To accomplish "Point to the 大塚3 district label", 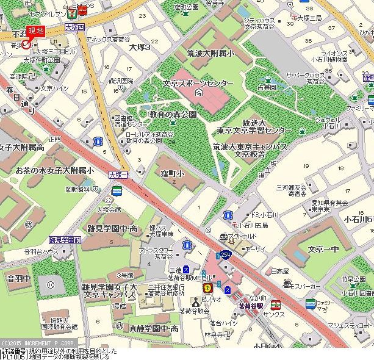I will click(139, 46).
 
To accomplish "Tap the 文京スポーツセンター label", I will click(198, 82).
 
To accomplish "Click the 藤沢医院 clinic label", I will click(121, 80).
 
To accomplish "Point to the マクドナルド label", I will click(245, 236).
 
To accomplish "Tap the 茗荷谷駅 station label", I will click(250, 306).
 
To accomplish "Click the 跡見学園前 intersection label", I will click(65, 240).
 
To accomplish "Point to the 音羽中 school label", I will click(18, 278).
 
